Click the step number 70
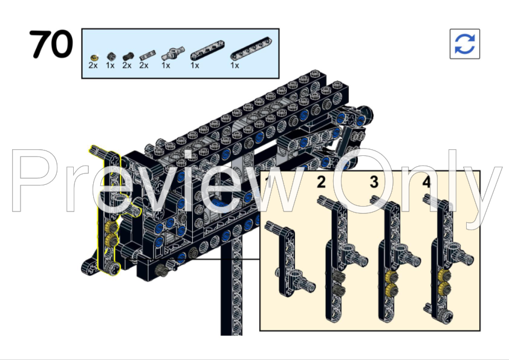(x=51, y=44)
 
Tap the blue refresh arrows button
(x=464, y=43)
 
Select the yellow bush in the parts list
(x=94, y=58)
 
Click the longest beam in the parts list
(x=251, y=49)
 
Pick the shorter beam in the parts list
(x=207, y=50)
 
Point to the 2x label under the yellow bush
(x=93, y=65)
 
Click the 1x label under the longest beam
(x=235, y=65)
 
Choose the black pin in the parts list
(x=128, y=56)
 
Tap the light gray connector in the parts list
(x=173, y=53)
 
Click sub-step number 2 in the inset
(x=321, y=182)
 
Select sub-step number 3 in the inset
(x=374, y=182)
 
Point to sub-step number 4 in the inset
(x=427, y=182)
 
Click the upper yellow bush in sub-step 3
(x=391, y=277)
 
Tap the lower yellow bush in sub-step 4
(x=444, y=288)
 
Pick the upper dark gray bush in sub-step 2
(x=339, y=277)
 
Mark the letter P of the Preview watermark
(x=34, y=181)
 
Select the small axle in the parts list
(x=148, y=56)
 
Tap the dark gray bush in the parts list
(x=111, y=56)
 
